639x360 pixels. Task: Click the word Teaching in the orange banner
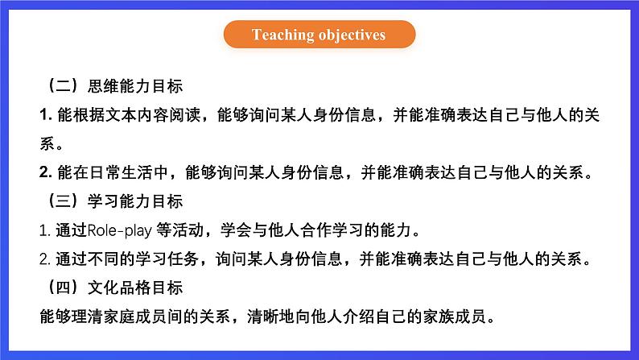point(282,35)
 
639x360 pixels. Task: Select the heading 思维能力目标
point(135,86)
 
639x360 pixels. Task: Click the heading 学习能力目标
point(135,201)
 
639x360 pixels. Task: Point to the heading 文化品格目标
point(135,288)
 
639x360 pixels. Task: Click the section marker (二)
point(63,86)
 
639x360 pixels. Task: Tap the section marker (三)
point(63,201)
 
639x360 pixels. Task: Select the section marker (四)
point(63,288)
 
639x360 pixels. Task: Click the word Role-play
point(120,230)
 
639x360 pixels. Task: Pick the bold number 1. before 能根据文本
point(46,115)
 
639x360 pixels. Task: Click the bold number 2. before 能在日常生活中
point(46,172)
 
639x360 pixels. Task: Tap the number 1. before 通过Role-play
point(45,231)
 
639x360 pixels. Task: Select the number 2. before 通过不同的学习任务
point(45,259)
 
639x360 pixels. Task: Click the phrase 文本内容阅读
point(153,115)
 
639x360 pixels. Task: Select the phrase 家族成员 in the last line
point(455,317)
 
